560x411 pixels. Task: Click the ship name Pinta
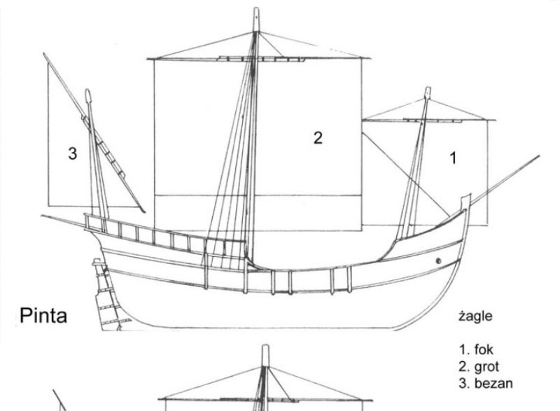(43, 316)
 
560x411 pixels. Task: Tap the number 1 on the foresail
(453, 158)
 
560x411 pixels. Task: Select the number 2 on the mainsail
(318, 138)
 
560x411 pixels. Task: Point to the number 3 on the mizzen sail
(73, 153)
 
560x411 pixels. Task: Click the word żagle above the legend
(475, 316)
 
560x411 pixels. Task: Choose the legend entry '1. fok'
(476, 349)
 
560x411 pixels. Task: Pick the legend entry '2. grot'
(479, 367)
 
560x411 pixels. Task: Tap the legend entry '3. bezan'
(486, 383)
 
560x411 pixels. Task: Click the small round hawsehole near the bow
(439, 261)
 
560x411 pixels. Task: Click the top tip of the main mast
(256, 8)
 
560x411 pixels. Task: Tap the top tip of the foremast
(428, 88)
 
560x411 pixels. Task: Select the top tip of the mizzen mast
(88, 90)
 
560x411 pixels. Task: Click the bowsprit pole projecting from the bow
(505, 181)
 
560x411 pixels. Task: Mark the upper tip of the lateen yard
(44, 54)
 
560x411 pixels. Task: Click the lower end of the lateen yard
(144, 211)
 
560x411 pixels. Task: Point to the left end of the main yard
(148, 59)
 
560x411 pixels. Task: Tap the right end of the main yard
(370, 58)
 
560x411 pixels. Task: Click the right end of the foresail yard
(495, 120)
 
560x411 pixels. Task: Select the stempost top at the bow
(466, 197)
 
